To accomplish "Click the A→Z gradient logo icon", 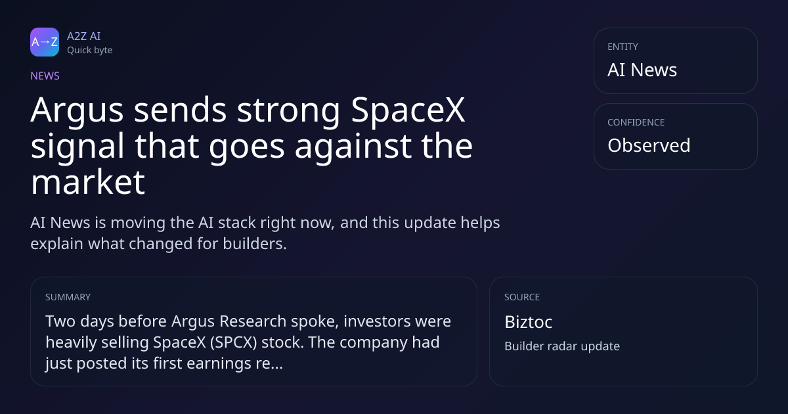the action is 45,42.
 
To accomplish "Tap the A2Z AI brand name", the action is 84,36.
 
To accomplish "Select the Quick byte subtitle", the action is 90,51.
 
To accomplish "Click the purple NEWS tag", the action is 45,76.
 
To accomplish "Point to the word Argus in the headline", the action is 77,111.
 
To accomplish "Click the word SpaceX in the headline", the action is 408,111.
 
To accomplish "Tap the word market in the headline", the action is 88,182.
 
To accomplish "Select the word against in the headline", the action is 353,147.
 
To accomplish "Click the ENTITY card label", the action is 623,47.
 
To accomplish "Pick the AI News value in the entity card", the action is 642,70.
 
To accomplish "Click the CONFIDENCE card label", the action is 636,122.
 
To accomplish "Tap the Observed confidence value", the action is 649,145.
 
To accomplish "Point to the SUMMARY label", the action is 68,297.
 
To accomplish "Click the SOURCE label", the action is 522,297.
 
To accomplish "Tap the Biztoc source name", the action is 529,322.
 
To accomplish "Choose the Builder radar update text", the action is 562,346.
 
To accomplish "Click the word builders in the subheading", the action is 255,244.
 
